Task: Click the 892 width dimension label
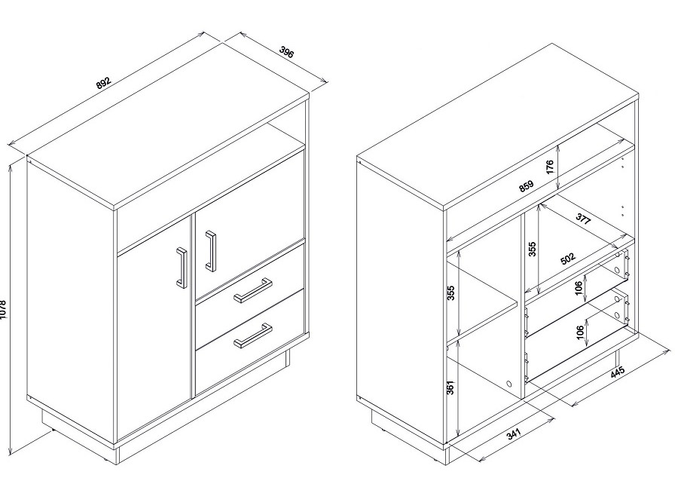pyautogui.click(x=104, y=83)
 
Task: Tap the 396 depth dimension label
pyautogui.click(x=286, y=52)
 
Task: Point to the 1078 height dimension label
pyautogui.click(x=3, y=310)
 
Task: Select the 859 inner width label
pyautogui.click(x=527, y=185)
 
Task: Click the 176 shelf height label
pyautogui.click(x=550, y=167)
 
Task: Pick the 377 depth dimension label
pyautogui.click(x=582, y=219)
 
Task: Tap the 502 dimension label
pyautogui.click(x=568, y=259)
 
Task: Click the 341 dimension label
pyautogui.click(x=514, y=434)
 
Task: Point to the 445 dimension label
pyautogui.click(x=617, y=372)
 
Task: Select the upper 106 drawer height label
pyautogui.click(x=579, y=288)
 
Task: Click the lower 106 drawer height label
pyautogui.click(x=581, y=332)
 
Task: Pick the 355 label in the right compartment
pyautogui.click(x=533, y=249)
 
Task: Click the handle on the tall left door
pyautogui.click(x=182, y=267)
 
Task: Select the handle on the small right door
pyautogui.click(x=211, y=251)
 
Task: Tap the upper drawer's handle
pyautogui.click(x=253, y=290)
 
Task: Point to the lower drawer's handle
pyautogui.click(x=253, y=335)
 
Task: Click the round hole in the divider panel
pyautogui.click(x=509, y=384)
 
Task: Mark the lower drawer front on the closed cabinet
pyautogui.click(x=250, y=342)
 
